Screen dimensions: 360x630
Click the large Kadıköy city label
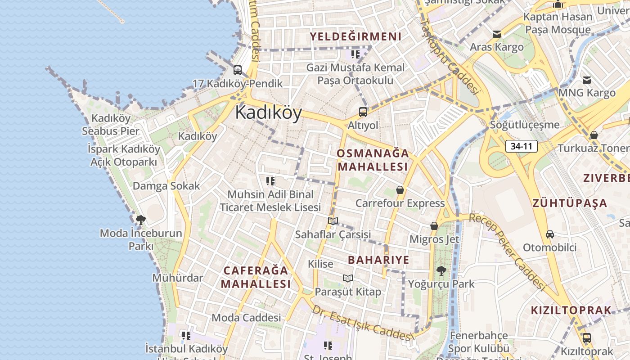(x=268, y=112)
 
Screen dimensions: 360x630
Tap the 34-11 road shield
(x=522, y=146)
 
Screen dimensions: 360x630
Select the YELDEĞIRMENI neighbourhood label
(x=355, y=36)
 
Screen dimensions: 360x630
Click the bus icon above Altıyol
(x=363, y=112)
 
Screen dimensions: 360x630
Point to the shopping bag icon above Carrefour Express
(x=400, y=190)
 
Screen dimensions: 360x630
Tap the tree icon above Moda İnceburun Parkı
(x=140, y=220)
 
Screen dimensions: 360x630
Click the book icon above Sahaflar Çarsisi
(x=333, y=221)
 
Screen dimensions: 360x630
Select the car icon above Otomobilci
(x=549, y=234)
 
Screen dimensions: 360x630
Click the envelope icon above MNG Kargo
(x=587, y=80)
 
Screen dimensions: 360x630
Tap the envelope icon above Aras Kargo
(x=497, y=34)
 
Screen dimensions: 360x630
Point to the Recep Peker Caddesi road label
(x=507, y=250)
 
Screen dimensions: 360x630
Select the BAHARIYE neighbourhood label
(x=378, y=260)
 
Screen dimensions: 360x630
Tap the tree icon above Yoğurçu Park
(x=441, y=270)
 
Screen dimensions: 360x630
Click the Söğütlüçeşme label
(x=525, y=125)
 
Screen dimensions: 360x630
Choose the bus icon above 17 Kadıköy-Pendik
(x=237, y=70)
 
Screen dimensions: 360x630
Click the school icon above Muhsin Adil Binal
(x=270, y=181)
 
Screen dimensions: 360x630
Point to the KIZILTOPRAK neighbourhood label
(x=571, y=310)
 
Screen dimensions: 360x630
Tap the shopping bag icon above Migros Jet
(x=434, y=226)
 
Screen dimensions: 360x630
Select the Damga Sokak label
(x=166, y=186)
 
